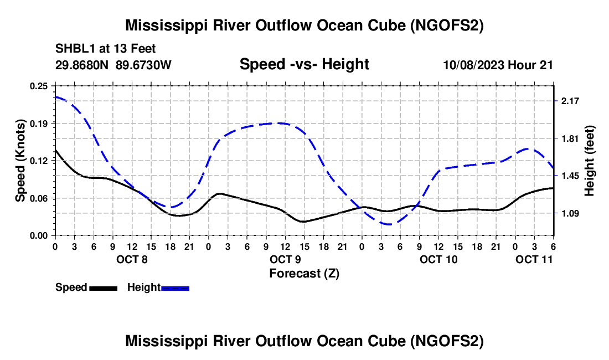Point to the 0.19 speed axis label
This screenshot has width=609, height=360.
pyautogui.click(x=39, y=123)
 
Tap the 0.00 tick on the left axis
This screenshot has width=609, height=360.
pyautogui.click(x=39, y=235)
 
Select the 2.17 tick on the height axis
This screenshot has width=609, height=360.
pyautogui.click(x=570, y=101)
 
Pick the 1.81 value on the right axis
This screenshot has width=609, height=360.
pyautogui.click(x=570, y=138)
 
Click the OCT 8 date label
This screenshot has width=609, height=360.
pyautogui.click(x=132, y=259)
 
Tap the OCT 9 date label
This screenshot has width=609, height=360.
pyautogui.click(x=285, y=259)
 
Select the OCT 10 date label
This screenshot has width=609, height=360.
pyautogui.click(x=438, y=259)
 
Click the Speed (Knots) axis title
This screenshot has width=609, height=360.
pyautogui.click(x=20, y=161)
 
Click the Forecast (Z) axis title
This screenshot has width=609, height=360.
pyautogui.click(x=304, y=273)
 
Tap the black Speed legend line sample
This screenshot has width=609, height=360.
pyautogui.click(x=103, y=288)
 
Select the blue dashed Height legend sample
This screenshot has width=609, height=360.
pyautogui.click(x=175, y=288)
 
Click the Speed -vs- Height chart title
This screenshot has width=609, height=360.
pyautogui.click(x=304, y=65)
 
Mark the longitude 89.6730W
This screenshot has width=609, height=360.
pyautogui.click(x=144, y=65)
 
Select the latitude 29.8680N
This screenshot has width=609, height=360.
pyautogui.click(x=82, y=65)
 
